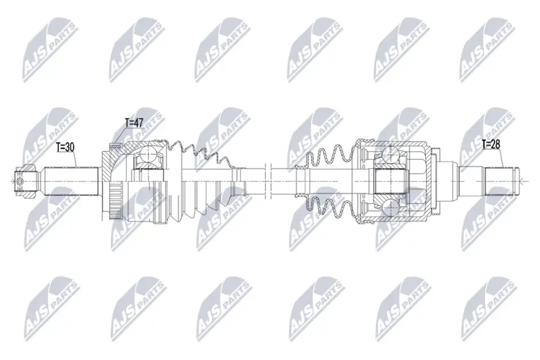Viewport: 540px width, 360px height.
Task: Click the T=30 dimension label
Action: coord(65,147)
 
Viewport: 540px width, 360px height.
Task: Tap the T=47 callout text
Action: coord(134,123)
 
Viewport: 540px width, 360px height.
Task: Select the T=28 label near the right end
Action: coord(491,144)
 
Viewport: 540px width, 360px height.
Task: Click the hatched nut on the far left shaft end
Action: coord(26,181)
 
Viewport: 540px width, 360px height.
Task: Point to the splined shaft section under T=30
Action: coord(71,181)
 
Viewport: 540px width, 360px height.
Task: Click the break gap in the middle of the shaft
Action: coord(269,181)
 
